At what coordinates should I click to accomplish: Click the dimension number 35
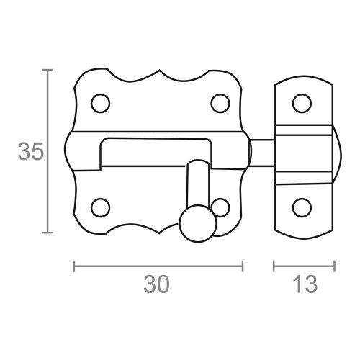(30, 152)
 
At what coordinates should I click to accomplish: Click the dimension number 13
(305, 285)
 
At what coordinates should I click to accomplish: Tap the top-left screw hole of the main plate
(101, 103)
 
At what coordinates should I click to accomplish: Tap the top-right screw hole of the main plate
(220, 103)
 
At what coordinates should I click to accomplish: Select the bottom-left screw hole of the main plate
(101, 207)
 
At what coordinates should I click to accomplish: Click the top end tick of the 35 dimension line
(48, 70)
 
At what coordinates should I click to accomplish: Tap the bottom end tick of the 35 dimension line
(48, 233)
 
